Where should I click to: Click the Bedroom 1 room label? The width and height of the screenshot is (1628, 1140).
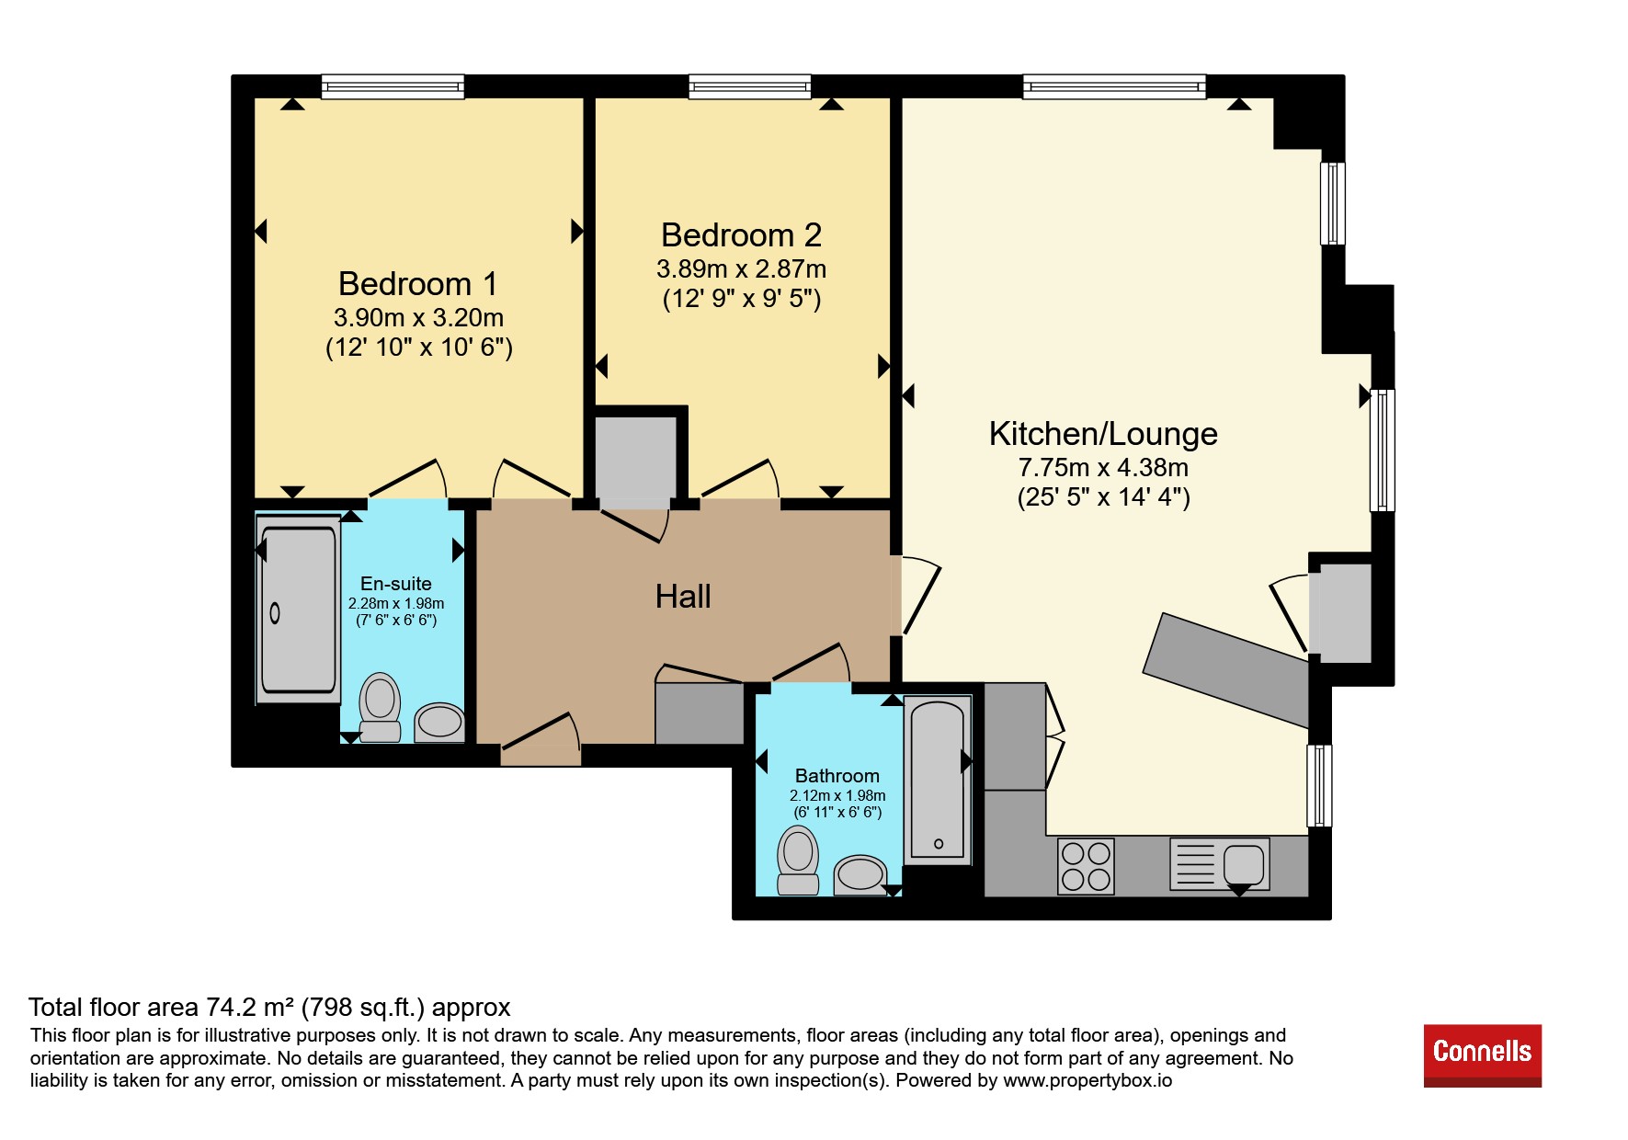point(418,283)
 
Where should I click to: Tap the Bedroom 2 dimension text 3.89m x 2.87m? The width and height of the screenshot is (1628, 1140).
point(741,268)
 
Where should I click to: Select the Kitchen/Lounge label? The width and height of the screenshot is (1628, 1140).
point(1103,434)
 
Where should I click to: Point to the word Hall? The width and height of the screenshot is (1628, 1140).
point(683,597)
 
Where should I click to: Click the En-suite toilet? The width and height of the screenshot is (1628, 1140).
point(380,708)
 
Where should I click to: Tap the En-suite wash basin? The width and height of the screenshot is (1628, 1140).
point(439,723)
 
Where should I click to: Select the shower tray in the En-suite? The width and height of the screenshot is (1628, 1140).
point(298,610)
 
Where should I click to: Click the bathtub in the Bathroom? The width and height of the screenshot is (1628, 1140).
point(938,780)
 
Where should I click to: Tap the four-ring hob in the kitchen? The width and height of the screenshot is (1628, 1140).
point(1086,866)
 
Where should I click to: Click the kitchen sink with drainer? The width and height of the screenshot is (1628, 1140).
point(1219,864)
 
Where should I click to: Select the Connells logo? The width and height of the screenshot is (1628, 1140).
point(1482,1055)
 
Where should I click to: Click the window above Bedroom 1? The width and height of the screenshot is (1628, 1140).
point(393,86)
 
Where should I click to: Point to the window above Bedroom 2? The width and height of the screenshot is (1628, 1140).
point(750,86)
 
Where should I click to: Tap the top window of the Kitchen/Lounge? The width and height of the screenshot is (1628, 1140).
point(1114,86)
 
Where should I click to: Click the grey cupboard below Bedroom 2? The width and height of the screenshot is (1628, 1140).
point(636,459)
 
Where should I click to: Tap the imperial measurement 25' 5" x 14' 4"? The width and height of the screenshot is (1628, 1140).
point(1103,497)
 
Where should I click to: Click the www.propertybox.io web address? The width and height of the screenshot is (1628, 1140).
point(1087,1081)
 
